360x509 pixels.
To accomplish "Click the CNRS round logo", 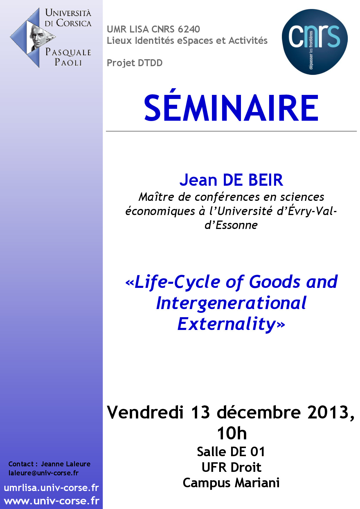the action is [x=315, y=42].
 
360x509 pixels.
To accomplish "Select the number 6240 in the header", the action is [x=189, y=29].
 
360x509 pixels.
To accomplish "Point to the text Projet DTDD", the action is [x=135, y=63].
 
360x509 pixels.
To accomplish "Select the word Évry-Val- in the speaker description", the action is [x=312, y=211].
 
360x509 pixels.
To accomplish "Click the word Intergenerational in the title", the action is [x=231, y=303].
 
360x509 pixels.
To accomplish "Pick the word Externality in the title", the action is [x=227, y=324].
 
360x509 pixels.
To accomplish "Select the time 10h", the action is [x=232, y=433].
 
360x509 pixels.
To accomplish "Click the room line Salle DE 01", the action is [x=231, y=452].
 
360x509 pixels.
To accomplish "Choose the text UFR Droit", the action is [x=231, y=468].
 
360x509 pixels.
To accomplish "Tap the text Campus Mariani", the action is [x=231, y=483].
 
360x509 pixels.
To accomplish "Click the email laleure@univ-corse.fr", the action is [x=44, y=473].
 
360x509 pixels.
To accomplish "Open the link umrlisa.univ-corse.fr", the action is [x=51, y=488].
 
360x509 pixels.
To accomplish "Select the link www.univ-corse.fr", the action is [x=52, y=501].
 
